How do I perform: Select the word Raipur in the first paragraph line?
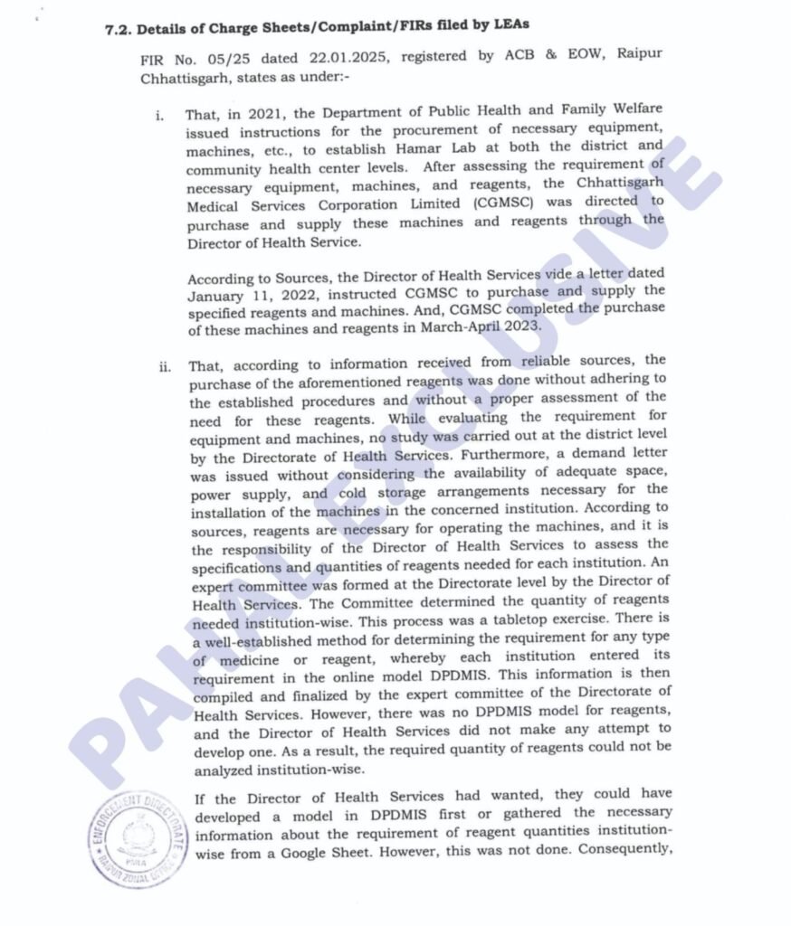[x=639, y=57]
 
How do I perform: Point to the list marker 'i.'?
[x=159, y=117]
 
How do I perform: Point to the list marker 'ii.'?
[x=162, y=366]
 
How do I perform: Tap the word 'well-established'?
[x=259, y=638]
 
